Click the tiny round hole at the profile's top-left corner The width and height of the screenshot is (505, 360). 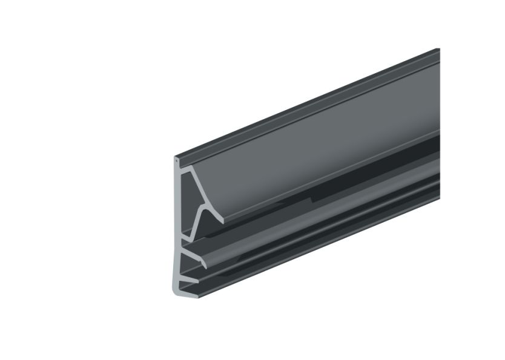pyautogui.click(x=176, y=161)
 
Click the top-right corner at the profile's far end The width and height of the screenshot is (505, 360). pyautogui.click(x=438, y=49)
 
